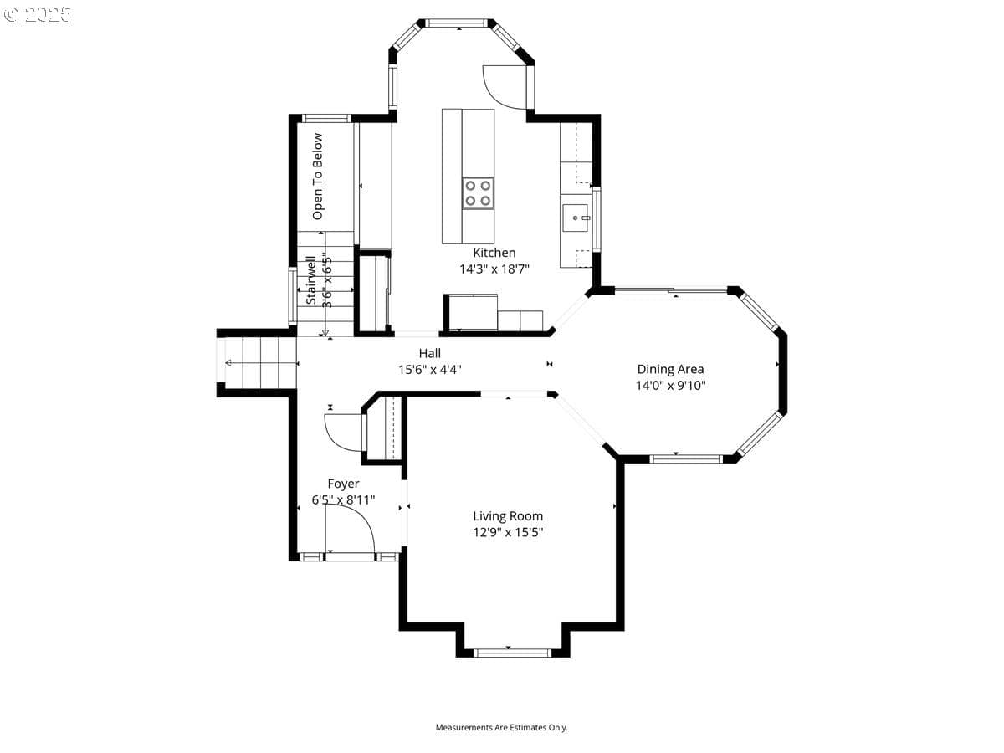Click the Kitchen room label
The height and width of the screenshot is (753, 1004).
[x=494, y=253]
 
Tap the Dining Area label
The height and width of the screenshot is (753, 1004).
[x=670, y=370]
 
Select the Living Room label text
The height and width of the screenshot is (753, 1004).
[x=508, y=516]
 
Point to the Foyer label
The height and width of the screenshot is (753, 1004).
[x=343, y=484]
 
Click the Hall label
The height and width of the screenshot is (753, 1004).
[x=429, y=353]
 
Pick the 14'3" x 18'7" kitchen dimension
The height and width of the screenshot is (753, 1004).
[x=494, y=269]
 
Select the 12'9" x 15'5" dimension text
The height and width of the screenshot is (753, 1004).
[x=508, y=532]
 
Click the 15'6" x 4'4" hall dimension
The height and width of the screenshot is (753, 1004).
[x=429, y=370]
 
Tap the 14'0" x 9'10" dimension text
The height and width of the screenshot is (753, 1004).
[x=670, y=386]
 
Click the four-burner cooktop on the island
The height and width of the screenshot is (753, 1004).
[x=478, y=193]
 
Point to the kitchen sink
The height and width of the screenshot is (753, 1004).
[x=575, y=218]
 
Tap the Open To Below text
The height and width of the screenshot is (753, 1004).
[x=317, y=177]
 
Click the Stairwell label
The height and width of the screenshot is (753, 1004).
[x=311, y=280]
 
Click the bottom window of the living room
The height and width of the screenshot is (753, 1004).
[x=512, y=653]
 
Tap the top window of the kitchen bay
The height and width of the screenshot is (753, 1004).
[x=456, y=23]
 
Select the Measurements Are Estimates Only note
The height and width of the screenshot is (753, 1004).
[x=501, y=727]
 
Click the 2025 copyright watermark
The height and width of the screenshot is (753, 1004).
[x=37, y=14]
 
